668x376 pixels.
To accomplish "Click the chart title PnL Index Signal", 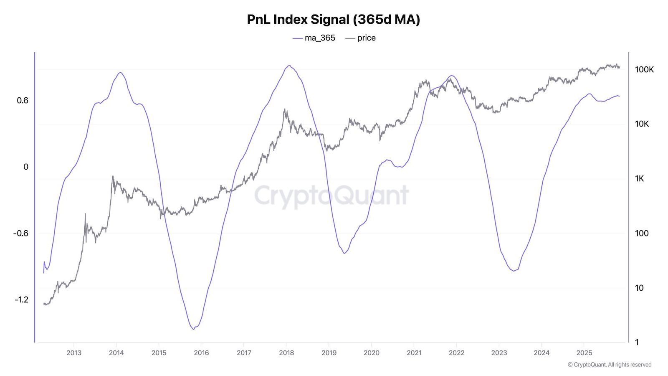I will coord(333,19).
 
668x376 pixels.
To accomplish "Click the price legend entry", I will coord(361,38).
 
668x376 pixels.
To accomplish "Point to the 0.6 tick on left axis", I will coord(23,100).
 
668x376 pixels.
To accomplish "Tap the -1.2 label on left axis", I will coord(21,300).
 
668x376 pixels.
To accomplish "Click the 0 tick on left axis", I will coord(26,167).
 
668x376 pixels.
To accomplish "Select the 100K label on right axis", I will coord(644,70).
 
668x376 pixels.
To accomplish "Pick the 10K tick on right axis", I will coord(642,124).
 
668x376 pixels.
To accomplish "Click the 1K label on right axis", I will coord(639,179).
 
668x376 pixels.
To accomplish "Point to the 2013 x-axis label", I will coord(74,353).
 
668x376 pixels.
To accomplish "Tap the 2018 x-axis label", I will coord(286,353).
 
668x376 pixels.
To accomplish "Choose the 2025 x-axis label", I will coord(584,353).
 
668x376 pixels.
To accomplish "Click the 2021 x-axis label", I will coord(414,353).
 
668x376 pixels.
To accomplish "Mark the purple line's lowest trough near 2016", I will coord(193,329).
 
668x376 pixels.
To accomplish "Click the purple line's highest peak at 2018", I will coord(289,66).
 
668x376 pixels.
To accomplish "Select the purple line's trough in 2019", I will coord(344,253).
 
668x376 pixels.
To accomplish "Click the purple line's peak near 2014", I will coord(120,73).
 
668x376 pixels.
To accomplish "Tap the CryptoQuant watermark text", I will coord(331,196).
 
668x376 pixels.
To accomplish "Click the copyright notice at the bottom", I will coord(609,365).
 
